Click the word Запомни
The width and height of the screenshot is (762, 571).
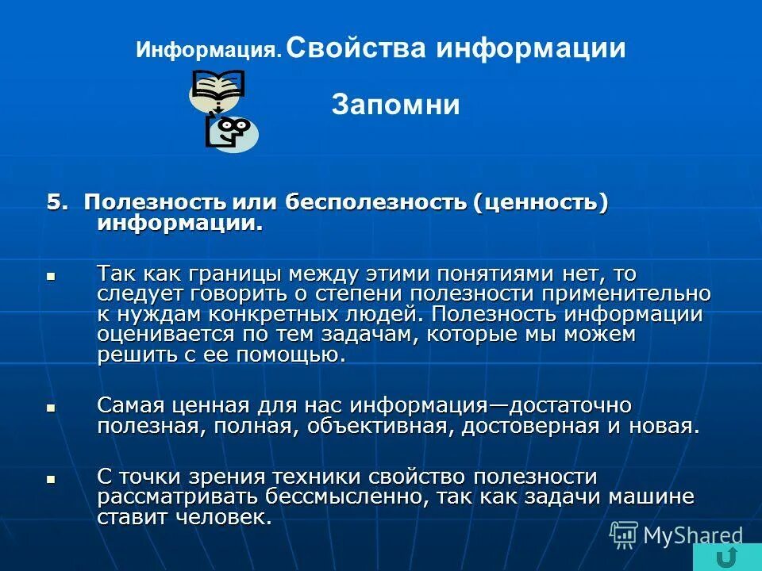click(395, 105)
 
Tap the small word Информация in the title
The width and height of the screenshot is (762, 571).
click(209, 51)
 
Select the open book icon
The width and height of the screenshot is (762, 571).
click(217, 87)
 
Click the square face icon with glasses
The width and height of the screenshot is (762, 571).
click(233, 131)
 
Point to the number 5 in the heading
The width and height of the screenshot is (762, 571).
click(54, 203)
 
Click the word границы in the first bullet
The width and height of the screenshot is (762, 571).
click(236, 274)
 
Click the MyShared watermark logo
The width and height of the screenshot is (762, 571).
click(677, 535)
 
